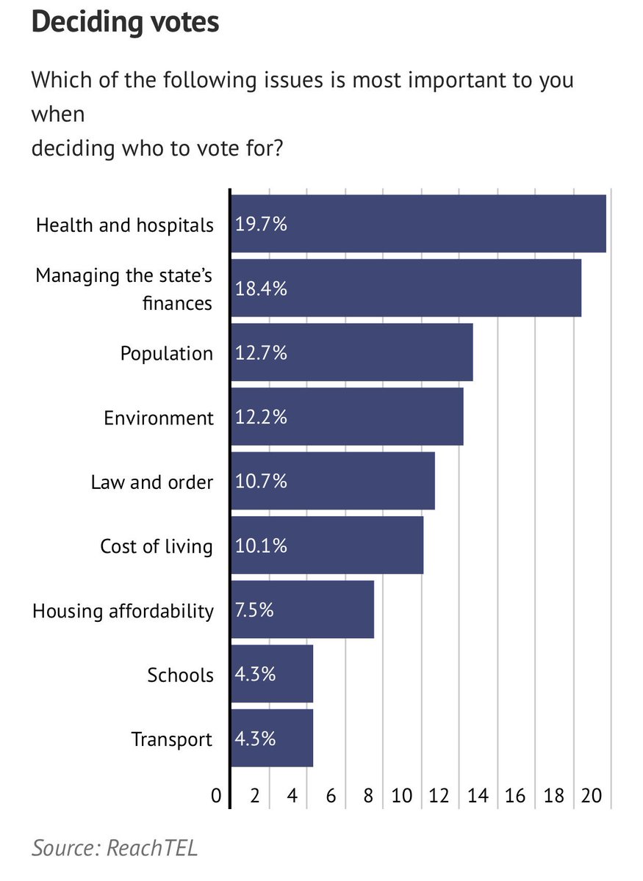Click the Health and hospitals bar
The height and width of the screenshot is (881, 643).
tap(418, 224)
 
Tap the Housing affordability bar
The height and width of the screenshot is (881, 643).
tap(302, 610)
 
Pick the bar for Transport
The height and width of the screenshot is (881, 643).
tap(272, 739)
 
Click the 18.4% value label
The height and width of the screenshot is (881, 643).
tap(261, 289)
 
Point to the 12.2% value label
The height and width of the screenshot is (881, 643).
tap(261, 418)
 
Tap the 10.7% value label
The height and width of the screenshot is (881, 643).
tap(261, 482)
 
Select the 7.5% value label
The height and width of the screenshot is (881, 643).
tap(254, 610)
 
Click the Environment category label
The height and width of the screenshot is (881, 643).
tap(159, 418)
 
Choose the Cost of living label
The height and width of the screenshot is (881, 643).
tap(157, 547)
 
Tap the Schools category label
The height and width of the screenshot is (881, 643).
tap(181, 675)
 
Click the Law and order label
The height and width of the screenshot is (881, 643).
tap(152, 482)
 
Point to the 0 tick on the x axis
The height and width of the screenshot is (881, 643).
tap(216, 797)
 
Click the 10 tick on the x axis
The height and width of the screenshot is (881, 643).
tap(401, 797)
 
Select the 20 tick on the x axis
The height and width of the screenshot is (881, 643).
tap(592, 797)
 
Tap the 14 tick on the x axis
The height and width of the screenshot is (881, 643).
tap(478, 797)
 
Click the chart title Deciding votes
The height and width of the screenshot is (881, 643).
tap(125, 22)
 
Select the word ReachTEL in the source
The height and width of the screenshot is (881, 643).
tap(153, 848)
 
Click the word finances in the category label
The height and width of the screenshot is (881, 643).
tap(177, 303)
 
